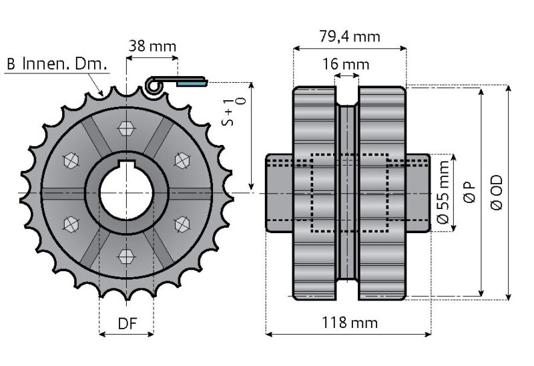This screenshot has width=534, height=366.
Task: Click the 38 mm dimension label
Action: pos(152,46)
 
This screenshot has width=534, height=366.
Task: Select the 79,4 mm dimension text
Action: pos(349,36)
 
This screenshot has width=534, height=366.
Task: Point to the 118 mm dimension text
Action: pos(349,323)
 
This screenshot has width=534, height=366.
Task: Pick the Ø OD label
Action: pos(497,194)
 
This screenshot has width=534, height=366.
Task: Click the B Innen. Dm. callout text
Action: pos(56,65)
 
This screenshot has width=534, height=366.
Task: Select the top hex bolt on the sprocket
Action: pos(126,127)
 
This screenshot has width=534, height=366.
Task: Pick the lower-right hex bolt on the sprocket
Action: pos(181,224)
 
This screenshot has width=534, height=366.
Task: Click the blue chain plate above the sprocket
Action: pos(192,83)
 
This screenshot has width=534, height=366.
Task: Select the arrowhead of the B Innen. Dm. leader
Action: pos(101,94)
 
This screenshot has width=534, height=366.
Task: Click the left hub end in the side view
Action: pos(279,193)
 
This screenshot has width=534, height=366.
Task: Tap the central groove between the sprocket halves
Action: pos(346,193)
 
